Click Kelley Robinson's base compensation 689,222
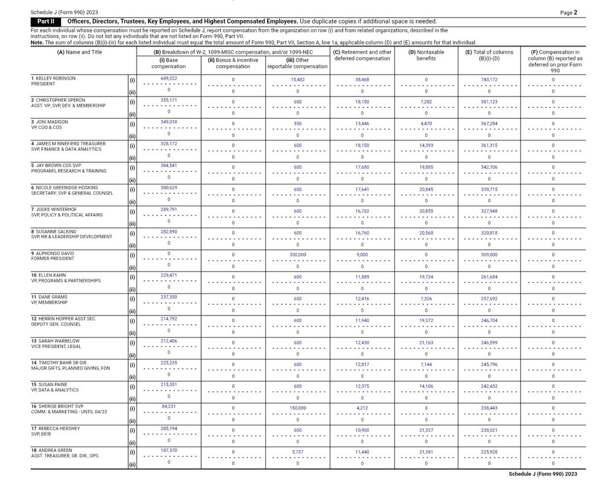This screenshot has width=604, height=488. pyautogui.click(x=169, y=79)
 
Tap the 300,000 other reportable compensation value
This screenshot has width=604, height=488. pyautogui.click(x=297, y=255)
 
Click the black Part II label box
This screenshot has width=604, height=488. pyautogui.click(x=47, y=21)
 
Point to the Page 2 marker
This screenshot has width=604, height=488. pyautogui.click(x=568, y=12)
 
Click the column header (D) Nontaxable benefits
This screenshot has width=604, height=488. pyautogui.click(x=426, y=55)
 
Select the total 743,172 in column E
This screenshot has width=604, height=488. pyautogui.click(x=489, y=80)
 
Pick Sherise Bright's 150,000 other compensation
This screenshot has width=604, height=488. pyautogui.click(x=297, y=408)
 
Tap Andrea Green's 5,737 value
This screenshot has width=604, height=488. pyautogui.click(x=297, y=452)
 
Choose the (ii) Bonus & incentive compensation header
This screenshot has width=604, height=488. pyautogui.click(x=233, y=63)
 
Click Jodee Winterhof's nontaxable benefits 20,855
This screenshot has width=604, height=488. pyautogui.click(x=426, y=211)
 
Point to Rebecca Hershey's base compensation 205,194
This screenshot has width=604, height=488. pyautogui.click(x=169, y=429)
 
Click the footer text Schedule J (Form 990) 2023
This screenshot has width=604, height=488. pyautogui.click(x=547, y=474)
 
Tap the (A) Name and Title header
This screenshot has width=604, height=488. pyautogui.click(x=79, y=52)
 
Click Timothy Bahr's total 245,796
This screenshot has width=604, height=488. pyautogui.click(x=489, y=364)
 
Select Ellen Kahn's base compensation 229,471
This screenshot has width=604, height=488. pyautogui.click(x=169, y=276)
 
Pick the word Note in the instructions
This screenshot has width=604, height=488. pyautogui.click(x=36, y=42)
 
